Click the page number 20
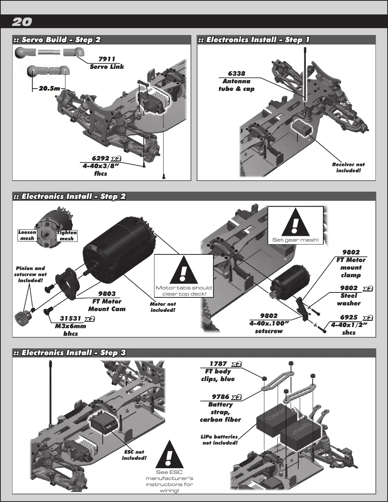pyautogui.click(x=22, y=22)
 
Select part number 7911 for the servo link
pyautogui.click(x=107, y=59)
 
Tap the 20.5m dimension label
pyautogui.click(x=49, y=88)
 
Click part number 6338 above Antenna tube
pyautogui.click(x=236, y=73)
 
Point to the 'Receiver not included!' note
pyautogui.click(x=348, y=167)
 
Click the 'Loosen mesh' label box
pyautogui.click(x=27, y=235)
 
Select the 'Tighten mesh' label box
pyautogui.click(x=67, y=236)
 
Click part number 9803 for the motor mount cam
pyautogui.click(x=107, y=294)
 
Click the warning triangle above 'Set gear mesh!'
pyautogui.click(x=296, y=222)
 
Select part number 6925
pyautogui.click(x=349, y=318)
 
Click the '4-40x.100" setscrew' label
pyautogui.click(x=269, y=327)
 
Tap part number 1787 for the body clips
pyautogui.click(x=218, y=364)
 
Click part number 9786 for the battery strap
pyautogui.click(x=221, y=397)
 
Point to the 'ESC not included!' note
pyautogui.click(x=134, y=455)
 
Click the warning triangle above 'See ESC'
pyautogui.click(x=170, y=454)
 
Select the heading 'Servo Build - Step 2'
pyautogui.click(x=61, y=40)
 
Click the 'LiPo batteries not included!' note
pyautogui.click(x=219, y=440)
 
